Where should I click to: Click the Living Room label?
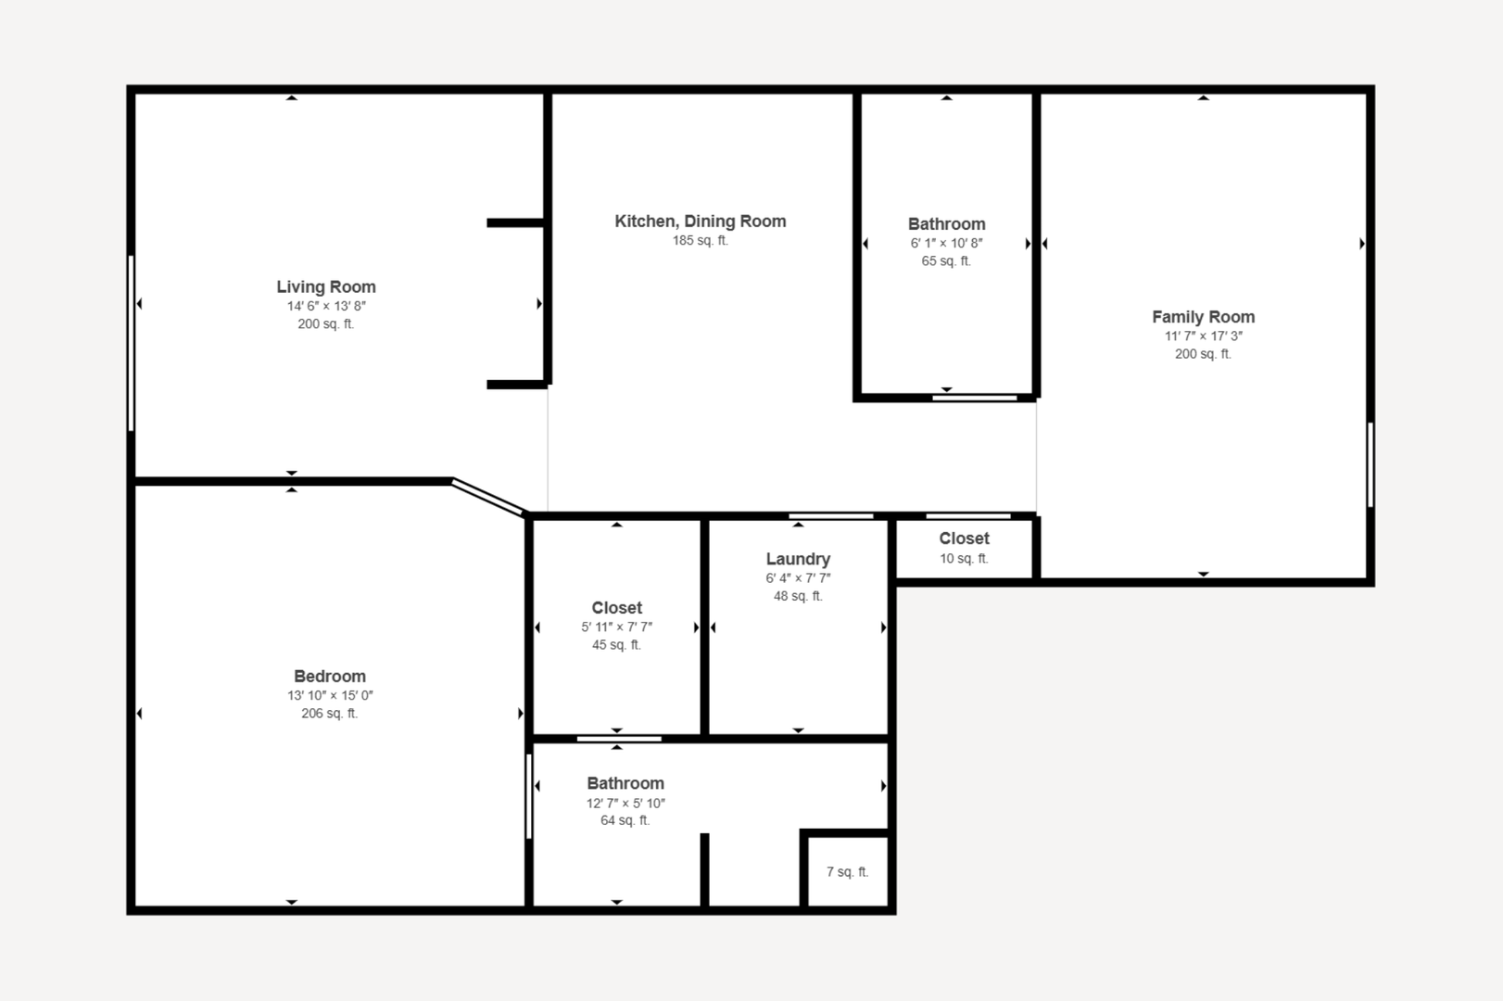[326, 286]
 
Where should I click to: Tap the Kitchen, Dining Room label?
[701, 221]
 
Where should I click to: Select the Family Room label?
[1203, 317]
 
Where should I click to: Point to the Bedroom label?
[330, 676]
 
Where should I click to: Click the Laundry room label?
[798, 559]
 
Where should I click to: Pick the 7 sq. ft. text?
[848, 871]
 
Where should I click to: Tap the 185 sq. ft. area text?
[701, 240]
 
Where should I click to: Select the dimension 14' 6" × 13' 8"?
[326, 306]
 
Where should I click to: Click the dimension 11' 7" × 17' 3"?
[1203, 336]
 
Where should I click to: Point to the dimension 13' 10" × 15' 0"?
[330, 695]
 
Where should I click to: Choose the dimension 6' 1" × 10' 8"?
[946, 243]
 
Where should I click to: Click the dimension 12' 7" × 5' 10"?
[625, 803]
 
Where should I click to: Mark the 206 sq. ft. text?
[330, 713]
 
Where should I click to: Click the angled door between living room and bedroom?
[487, 497]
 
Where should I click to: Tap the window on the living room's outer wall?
[131, 343]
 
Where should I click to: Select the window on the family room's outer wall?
[1370, 464]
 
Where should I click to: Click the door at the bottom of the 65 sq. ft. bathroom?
[974, 399]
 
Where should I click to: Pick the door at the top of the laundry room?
[830, 516]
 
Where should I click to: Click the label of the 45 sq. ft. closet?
[616, 608]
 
